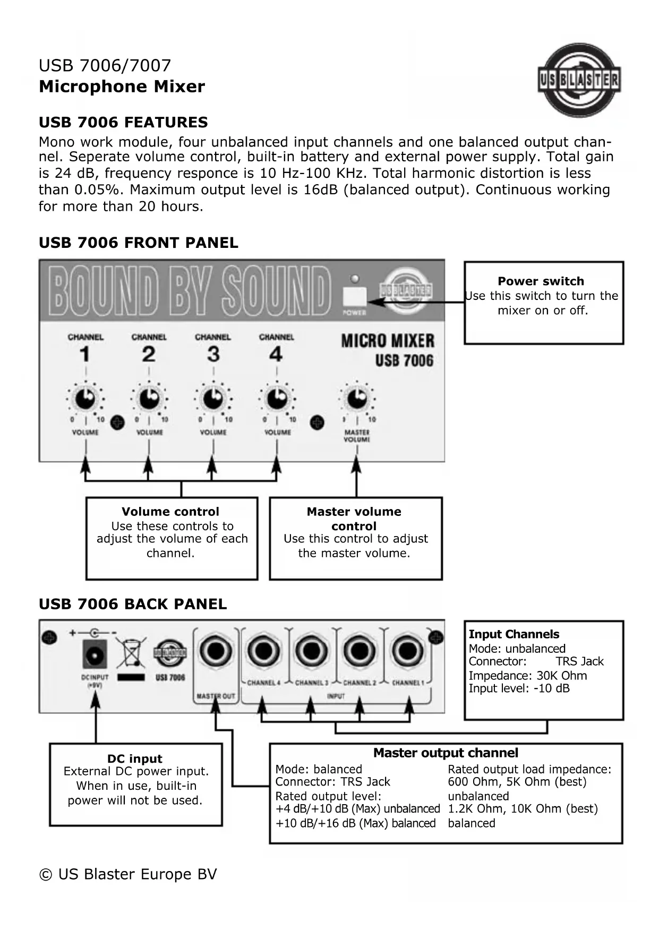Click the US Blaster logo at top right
[x=579, y=80]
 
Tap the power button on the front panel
[x=355, y=296]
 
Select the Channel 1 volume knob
[x=85, y=399]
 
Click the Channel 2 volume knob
[x=149, y=399]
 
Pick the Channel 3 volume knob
[x=213, y=399]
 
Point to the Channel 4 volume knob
[x=277, y=399]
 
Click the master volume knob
[x=357, y=398]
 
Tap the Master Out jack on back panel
[x=216, y=652]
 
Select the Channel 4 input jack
[x=263, y=651]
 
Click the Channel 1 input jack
[x=408, y=651]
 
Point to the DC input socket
[x=95, y=654]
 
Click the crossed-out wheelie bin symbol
[x=131, y=653]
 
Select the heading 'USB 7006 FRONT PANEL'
[x=139, y=243]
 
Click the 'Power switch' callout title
[x=541, y=281]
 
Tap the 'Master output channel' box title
[x=446, y=753]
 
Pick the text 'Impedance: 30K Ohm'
[x=528, y=676]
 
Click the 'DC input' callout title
[x=135, y=759]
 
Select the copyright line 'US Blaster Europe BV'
[x=128, y=874]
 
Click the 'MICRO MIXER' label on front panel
[x=388, y=341]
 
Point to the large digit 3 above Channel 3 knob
[x=213, y=354]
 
